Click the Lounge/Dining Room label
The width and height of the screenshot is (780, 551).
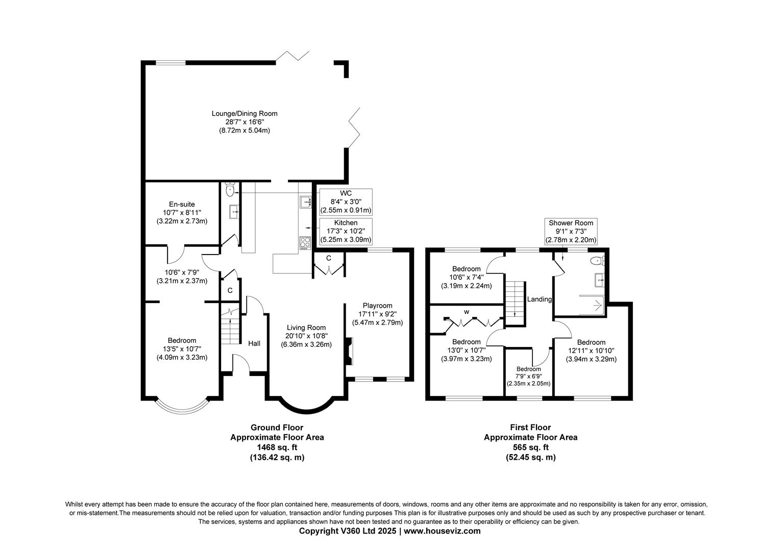(x=245, y=113)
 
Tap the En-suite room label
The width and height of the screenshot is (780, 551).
(x=182, y=204)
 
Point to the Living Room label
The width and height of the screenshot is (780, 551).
(x=306, y=328)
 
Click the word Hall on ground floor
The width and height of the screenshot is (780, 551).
(x=254, y=343)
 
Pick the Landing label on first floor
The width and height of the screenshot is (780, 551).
(x=540, y=299)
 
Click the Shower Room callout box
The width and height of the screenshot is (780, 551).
(x=571, y=231)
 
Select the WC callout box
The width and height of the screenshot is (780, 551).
(x=346, y=202)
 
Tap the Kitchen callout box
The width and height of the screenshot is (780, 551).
(x=346, y=231)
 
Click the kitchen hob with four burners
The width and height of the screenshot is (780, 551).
(x=305, y=243)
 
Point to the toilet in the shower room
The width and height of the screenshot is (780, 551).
(x=596, y=261)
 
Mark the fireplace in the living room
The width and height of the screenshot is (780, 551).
(x=348, y=352)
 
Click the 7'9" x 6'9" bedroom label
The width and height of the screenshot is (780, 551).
(x=528, y=376)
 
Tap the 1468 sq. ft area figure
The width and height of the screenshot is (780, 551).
(x=277, y=447)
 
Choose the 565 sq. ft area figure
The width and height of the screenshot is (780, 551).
(x=530, y=447)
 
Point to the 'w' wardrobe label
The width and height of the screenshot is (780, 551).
(x=466, y=312)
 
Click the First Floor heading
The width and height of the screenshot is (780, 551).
(x=530, y=428)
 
